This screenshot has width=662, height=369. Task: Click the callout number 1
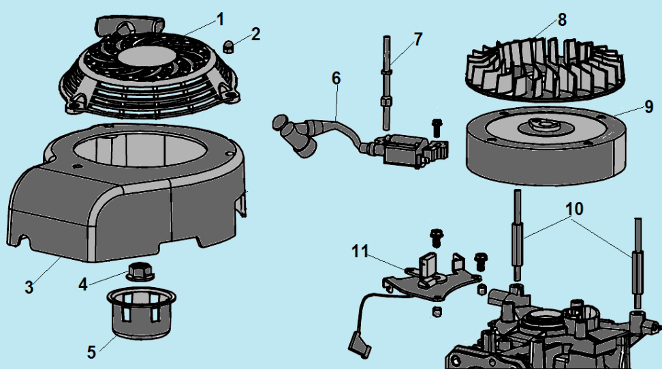[220, 18]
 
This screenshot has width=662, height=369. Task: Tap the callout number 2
[255, 34]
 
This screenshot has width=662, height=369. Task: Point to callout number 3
[29, 287]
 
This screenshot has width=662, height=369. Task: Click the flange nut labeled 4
[139, 269]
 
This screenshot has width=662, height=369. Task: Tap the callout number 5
[91, 352]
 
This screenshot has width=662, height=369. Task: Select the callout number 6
[336, 78]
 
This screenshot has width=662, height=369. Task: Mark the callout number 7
[417, 39]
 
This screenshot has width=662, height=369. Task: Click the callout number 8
[561, 20]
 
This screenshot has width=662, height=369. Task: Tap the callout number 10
[574, 209]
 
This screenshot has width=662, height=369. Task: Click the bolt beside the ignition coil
[437, 127]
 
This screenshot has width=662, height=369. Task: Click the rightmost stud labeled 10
[638, 263]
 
